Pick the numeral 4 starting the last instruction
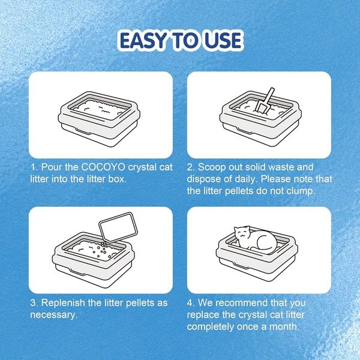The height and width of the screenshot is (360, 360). (x=190, y=302)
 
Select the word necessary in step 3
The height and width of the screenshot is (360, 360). (x=53, y=314)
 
